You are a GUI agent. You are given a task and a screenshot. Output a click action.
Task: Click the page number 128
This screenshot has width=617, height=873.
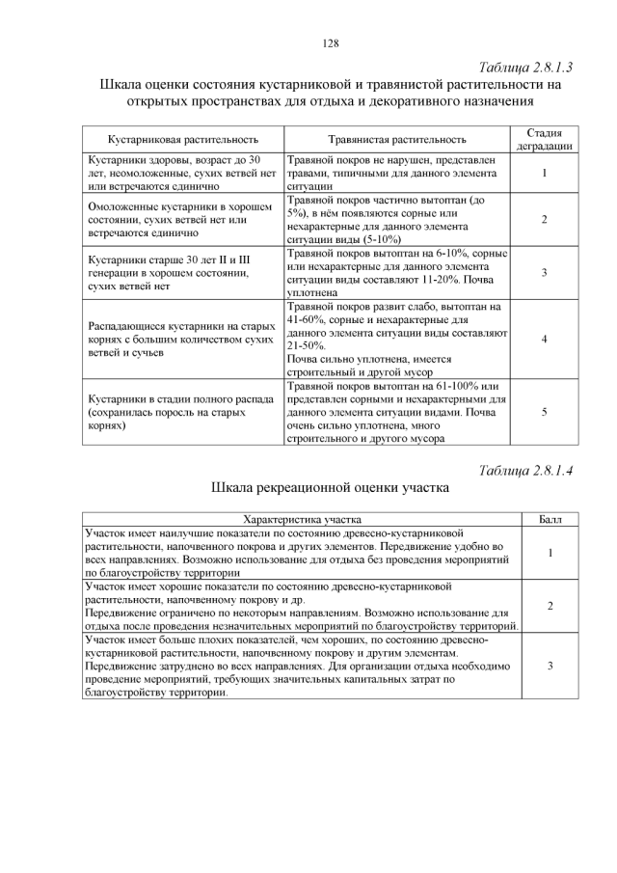click(x=331, y=43)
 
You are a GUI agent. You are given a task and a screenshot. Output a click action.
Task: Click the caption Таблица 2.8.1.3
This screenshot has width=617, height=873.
click(x=525, y=68)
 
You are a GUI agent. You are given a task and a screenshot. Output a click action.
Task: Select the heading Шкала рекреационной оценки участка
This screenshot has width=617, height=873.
click(x=331, y=489)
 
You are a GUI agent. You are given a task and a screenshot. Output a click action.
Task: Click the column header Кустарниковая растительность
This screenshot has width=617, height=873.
click(x=183, y=140)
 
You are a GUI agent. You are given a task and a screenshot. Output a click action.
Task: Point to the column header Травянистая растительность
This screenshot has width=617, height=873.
click(x=396, y=140)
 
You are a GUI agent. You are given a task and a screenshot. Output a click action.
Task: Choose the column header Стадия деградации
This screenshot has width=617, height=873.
click(x=545, y=139)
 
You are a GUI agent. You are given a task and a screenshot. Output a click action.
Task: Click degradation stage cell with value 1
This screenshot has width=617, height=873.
click(x=545, y=173)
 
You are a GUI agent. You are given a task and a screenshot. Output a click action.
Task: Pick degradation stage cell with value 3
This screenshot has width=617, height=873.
click(x=545, y=273)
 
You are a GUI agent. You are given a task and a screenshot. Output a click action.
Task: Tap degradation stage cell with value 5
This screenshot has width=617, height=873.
click(x=545, y=412)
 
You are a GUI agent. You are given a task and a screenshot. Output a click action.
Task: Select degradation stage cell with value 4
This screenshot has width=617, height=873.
click(x=545, y=340)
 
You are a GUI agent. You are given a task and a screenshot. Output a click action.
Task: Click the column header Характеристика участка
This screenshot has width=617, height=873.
click(x=302, y=519)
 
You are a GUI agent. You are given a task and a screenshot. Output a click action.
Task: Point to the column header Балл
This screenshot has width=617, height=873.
click(x=550, y=519)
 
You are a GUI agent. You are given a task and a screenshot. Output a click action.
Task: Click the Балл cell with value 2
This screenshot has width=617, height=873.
click(x=550, y=606)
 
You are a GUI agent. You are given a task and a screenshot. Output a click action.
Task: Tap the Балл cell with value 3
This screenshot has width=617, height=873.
click(x=550, y=666)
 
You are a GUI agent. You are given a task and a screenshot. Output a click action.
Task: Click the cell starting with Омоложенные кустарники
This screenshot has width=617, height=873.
click(x=182, y=220)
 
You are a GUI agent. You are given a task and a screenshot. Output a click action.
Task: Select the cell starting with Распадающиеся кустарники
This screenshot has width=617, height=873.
click(x=182, y=340)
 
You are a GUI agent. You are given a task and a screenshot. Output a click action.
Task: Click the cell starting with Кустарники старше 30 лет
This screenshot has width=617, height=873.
click(x=182, y=273)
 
